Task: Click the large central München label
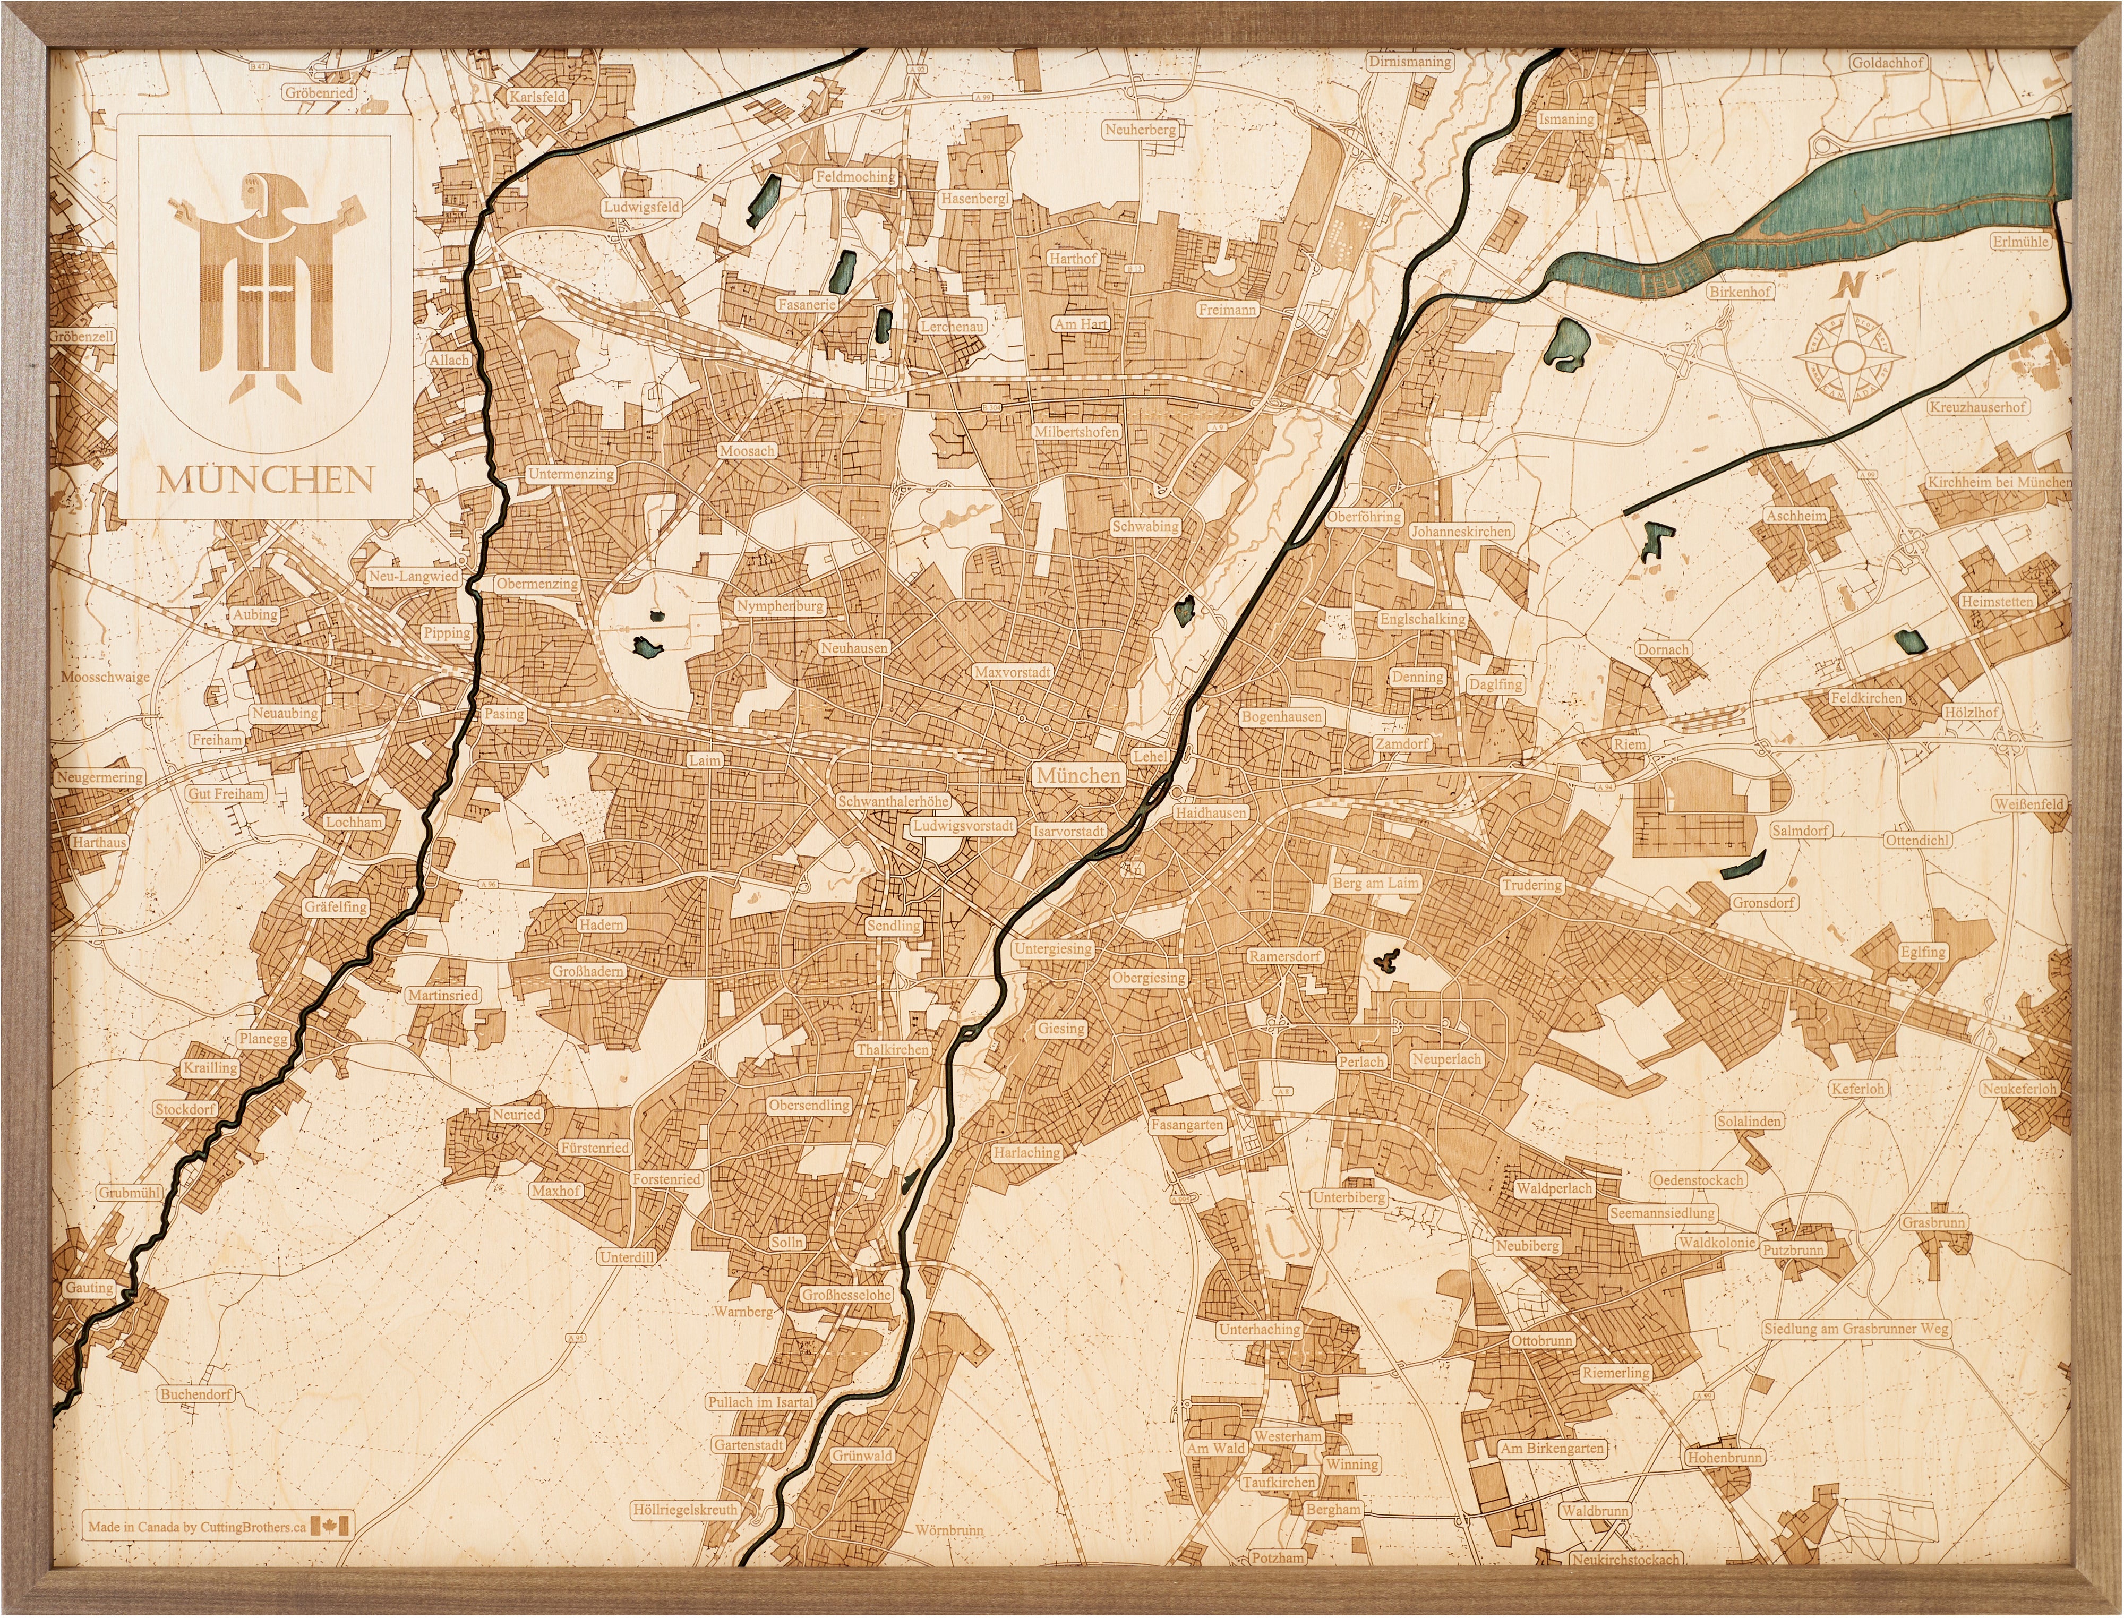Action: (x=1078, y=775)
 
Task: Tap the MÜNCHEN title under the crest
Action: (x=265, y=480)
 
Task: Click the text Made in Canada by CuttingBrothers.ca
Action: (x=198, y=1527)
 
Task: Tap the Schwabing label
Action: (x=1145, y=527)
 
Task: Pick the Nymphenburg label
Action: (x=780, y=607)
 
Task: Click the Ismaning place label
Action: (x=1566, y=119)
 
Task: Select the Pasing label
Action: (x=503, y=714)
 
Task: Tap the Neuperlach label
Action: (x=1446, y=1058)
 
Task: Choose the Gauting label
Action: (x=90, y=1288)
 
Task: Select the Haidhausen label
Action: (x=1210, y=813)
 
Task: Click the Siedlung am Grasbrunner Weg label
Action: (x=1855, y=1329)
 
